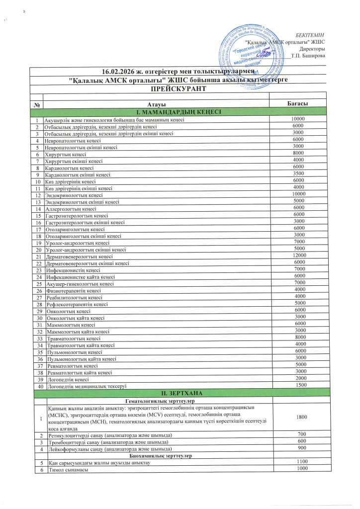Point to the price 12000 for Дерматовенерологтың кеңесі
click(299, 255)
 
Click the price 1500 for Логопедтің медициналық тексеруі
click(299, 385)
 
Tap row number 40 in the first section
click(38, 386)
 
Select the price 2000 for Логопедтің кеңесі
click(299, 378)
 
